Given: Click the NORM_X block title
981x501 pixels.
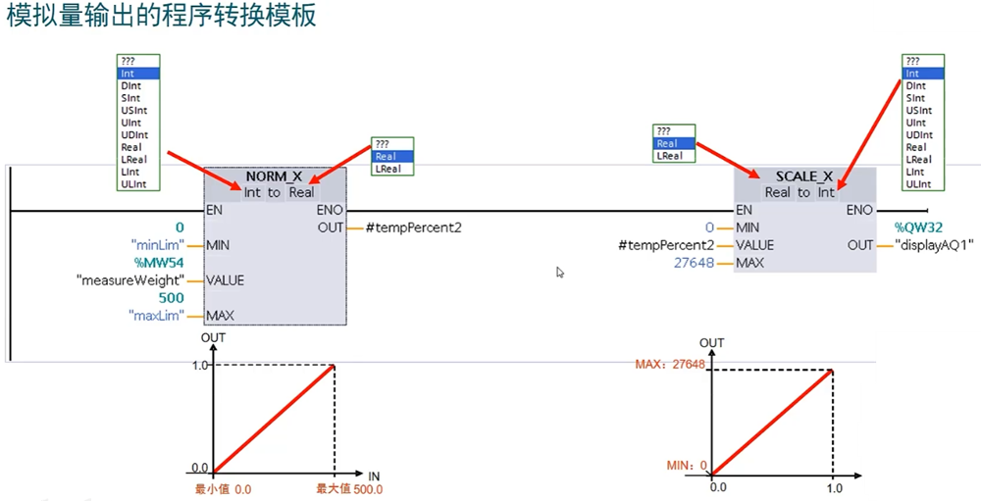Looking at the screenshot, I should coord(274,176).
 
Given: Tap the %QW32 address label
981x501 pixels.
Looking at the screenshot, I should coord(918,227).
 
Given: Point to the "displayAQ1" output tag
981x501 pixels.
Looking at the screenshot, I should coord(931,245).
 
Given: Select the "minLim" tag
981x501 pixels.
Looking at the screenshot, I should coord(157,245).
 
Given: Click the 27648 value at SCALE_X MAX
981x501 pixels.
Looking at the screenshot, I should coord(695,263).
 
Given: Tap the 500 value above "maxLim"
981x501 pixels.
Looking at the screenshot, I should coord(172,298).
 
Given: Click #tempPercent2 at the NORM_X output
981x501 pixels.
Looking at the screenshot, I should coord(414,227).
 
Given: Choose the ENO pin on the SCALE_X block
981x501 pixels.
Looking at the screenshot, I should coord(858,210).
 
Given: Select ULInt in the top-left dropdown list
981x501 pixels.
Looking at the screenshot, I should coord(133,183).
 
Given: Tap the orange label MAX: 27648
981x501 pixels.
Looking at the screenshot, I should coord(670,364).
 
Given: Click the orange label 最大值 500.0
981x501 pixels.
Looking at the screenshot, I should coord(348,489).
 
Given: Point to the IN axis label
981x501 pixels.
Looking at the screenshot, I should coord(374,476).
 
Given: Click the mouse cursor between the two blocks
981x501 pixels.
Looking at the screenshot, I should coord(560,273).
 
